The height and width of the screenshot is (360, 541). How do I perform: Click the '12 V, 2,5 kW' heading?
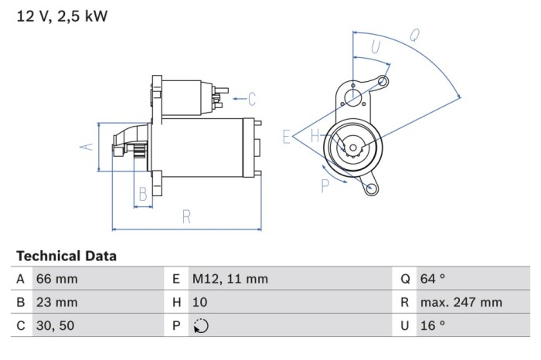click(62, 15)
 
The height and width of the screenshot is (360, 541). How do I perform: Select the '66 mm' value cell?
click(57, 279)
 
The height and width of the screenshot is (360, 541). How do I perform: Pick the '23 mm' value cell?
click(57, 303)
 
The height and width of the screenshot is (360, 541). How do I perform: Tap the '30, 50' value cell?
click(56, 326)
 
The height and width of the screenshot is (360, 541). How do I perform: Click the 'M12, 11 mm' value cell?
click(230, 279)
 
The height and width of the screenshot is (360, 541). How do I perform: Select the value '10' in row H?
click(199, 303)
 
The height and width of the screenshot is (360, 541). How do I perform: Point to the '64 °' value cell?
click(433, 279)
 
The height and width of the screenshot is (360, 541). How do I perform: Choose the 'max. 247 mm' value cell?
click(461, 303)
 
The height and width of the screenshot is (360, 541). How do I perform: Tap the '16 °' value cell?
click(432, 326)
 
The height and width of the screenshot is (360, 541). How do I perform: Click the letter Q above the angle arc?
click(414, 35)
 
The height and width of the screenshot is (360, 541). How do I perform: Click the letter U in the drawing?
click(376, 46)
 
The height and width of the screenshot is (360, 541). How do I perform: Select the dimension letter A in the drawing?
click(87, 147)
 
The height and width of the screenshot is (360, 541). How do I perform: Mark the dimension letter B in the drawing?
click(142, 194)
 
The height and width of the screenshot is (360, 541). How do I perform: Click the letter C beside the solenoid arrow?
click(251, 98)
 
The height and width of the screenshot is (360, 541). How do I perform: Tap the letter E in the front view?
click(288, 138)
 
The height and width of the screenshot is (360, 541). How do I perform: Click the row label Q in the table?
click(404, 279)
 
